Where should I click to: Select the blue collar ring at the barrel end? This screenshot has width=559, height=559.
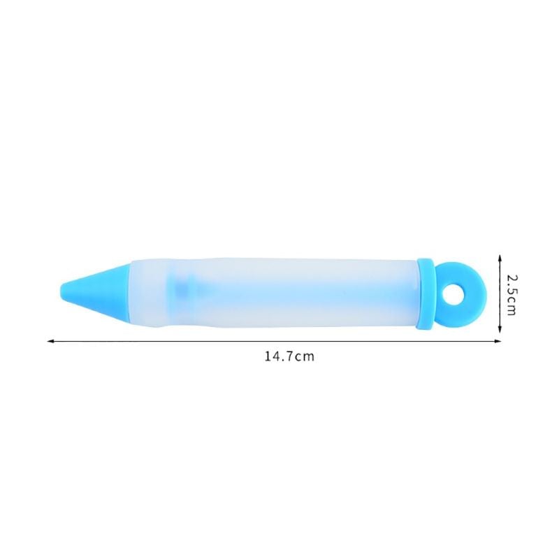426,293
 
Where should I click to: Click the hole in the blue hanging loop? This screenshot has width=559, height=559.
452,294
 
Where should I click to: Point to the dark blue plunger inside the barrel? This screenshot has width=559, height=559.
184,287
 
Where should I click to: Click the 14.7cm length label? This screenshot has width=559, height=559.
289,356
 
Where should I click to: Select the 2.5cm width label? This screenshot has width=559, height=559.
511,294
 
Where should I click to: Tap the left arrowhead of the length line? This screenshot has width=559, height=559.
50,341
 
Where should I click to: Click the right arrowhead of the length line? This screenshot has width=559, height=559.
498,341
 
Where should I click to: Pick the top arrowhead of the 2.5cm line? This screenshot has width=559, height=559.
500,258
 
